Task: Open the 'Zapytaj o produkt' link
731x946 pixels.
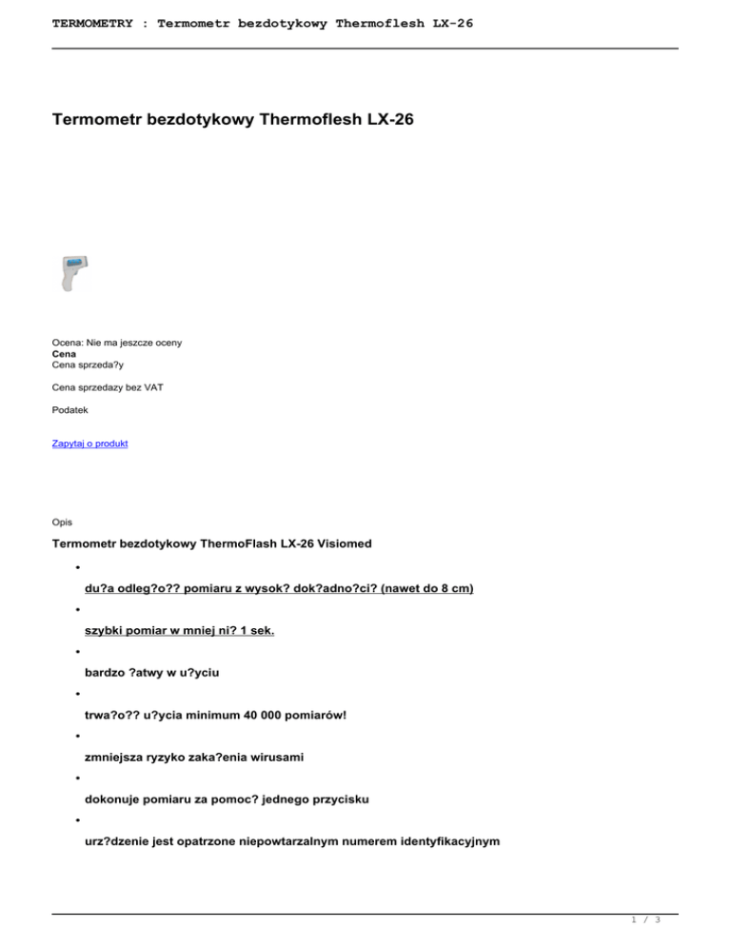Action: click(89, 443)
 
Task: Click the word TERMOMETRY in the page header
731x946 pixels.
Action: click(93, 21)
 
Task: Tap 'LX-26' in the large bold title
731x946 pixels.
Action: click(386, 121)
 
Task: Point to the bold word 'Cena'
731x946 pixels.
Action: click(64, 352)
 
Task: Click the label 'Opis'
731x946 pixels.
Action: click(62, 522)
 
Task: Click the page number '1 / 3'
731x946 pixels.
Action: click(646, 920)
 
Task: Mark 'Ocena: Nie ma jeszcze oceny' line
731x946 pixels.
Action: click(117, 342)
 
